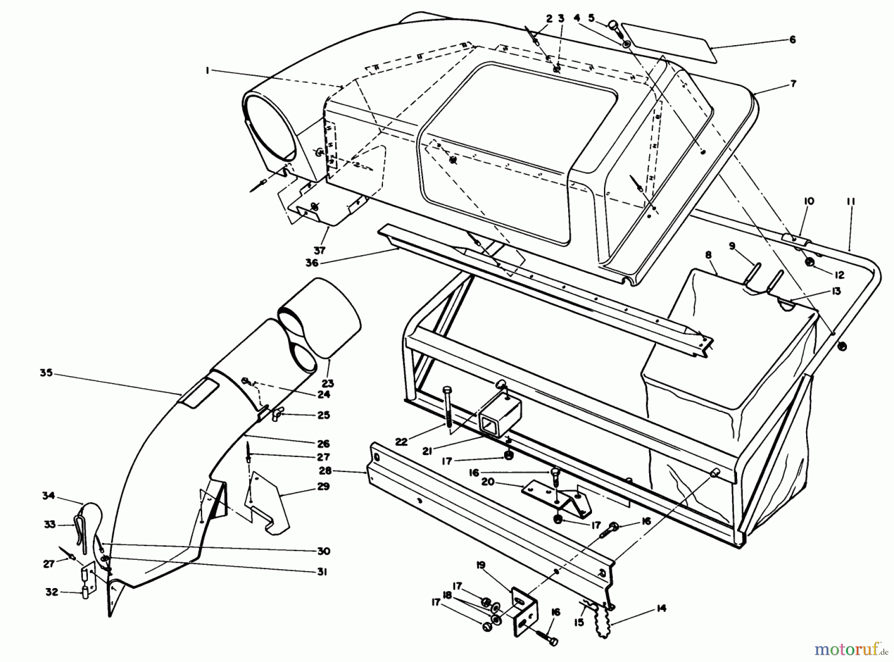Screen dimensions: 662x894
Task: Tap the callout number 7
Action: [x=793, y=84]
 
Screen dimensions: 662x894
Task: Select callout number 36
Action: [x=312, y=263]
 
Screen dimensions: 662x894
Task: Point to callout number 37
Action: [x=319, y=251]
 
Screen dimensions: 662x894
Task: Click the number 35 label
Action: [x=46, y=373]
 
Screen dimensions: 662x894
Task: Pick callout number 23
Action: [x=328, y=383]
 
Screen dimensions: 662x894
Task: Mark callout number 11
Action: [x=851, y=201]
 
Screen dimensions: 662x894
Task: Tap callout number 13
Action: [x=836, y=291]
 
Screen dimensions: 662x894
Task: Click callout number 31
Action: [x=322, y=572]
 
